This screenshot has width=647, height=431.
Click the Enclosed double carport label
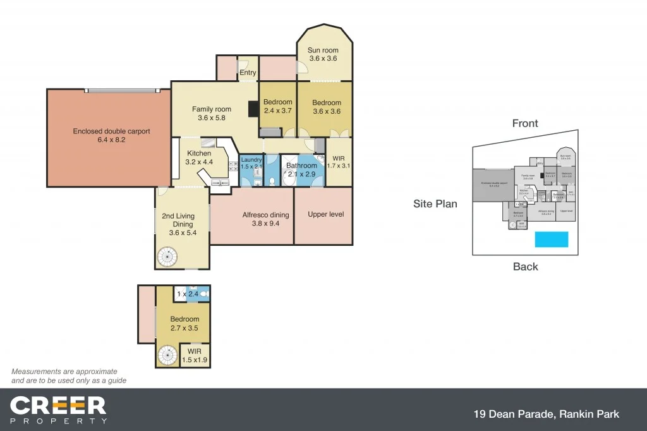coord(111,136)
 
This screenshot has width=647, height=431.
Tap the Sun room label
coord(322,54)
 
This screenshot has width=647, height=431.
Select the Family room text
coord(211,113)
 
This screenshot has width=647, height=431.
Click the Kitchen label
coord(199,157)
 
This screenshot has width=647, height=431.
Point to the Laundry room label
coord(251,163)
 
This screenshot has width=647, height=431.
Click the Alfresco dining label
coord(265,219)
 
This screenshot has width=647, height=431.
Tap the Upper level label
coord(325,214)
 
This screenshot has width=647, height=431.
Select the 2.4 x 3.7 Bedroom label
coord(278,106)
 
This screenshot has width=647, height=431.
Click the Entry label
coord(248,73)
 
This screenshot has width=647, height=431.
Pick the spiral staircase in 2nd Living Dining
coord(169,257)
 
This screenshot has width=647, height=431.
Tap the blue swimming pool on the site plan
coord(552,239)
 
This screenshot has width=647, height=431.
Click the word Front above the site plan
coord(525,123)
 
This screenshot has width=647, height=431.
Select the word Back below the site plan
coord(525,267)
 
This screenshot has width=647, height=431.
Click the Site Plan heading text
coord(435,203)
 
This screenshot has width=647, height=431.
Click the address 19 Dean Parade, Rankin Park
coord(546,415)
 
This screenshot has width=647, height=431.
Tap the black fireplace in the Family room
coord(253,109)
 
